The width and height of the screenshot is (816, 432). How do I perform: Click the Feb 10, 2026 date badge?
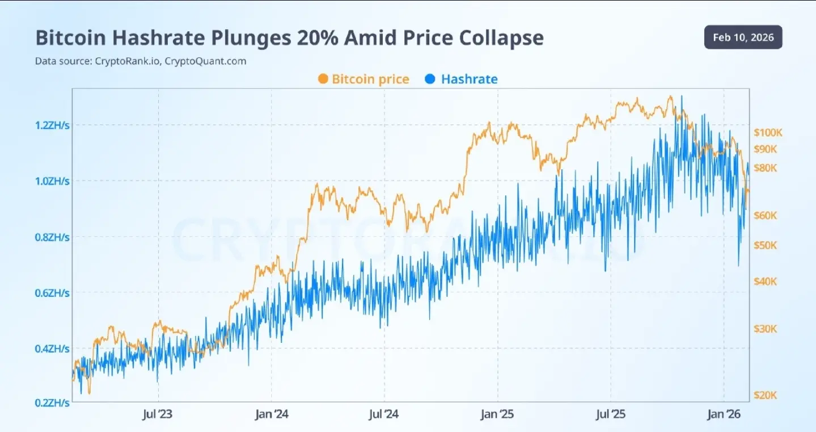tap(743, 37)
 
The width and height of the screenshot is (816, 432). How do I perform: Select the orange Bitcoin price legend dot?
tap(323, 79)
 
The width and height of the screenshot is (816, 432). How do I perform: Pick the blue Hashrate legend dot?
tap(430, 79)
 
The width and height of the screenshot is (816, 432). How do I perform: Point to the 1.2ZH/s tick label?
tap(52, 125)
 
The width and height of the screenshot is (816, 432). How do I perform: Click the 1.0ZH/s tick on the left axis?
tap(52, 181)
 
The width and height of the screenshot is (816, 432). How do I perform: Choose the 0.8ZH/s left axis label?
tap(52, 237)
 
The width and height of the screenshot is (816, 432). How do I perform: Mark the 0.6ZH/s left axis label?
tap(52, 293)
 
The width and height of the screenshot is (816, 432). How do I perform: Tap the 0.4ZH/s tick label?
tap(52, 349)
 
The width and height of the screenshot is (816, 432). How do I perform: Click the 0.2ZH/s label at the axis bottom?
tap(52, 402)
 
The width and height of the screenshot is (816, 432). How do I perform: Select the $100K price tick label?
tap(768, 133)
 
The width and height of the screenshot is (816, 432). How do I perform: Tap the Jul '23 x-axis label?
tap(158, 414)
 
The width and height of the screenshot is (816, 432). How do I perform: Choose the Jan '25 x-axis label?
tap(497, 414)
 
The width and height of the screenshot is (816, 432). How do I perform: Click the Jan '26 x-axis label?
tap(724, 414)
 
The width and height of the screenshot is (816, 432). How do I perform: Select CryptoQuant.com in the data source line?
tap(205, 61)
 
